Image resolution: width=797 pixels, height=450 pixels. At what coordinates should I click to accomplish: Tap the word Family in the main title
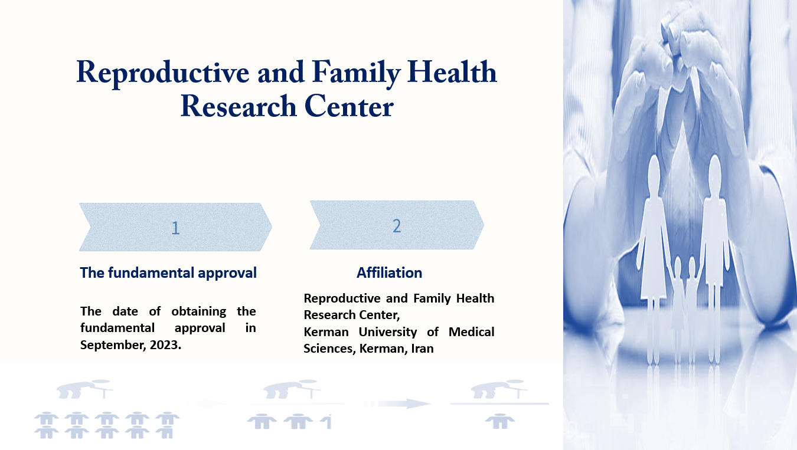(x=357, y=73)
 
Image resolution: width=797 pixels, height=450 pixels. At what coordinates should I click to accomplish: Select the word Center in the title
(x=349, y=106)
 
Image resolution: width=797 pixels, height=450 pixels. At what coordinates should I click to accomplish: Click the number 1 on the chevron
(x=175, y=228)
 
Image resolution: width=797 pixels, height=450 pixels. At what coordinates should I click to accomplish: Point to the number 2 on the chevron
(x=397, y=226)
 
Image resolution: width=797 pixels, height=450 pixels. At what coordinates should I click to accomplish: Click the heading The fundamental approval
(x=168, y=273)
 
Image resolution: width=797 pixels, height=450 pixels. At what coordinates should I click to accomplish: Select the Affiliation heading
(x=389, y=272)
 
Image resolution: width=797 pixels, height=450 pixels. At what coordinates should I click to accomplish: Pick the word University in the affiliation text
(x=387, y=332)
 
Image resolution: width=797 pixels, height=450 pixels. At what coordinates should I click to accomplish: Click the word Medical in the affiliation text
(x=472, y=332)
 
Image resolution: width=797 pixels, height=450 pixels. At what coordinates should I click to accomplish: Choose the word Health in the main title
(x=452, y=73)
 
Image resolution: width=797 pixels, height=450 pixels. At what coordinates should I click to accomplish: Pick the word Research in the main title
(x=239, y=106)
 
